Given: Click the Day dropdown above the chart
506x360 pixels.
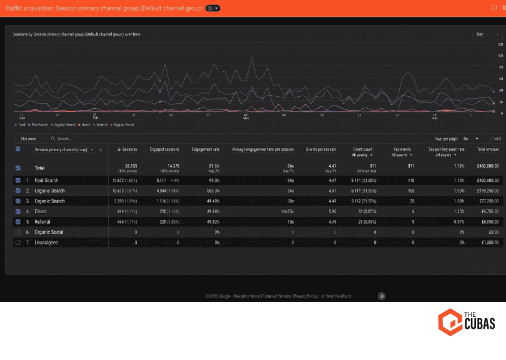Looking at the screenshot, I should click(x=484, y=34).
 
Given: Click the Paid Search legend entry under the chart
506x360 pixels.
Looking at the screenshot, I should click(x=39, y=124).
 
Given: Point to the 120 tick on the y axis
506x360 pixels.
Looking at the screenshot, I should click(x=500, y=45).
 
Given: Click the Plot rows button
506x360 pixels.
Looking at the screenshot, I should click(x=29, y=139).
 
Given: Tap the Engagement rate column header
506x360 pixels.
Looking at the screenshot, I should click(x=206, y=149).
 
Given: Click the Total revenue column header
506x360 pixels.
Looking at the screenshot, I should click(x=487, y=149).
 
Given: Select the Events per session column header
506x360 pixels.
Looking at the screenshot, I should click(x=321, y=149).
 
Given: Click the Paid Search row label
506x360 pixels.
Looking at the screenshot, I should click(x=46, y=180).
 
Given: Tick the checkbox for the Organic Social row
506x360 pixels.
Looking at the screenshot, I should click(x=17, y=232).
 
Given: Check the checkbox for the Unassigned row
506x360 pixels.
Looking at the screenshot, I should click(x=17, y=242).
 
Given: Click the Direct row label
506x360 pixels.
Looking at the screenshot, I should click(x=41, y=211).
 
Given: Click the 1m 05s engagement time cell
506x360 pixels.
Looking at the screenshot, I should click(x=285, y=211).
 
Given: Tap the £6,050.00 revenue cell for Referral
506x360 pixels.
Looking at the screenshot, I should click(x=487, y=222).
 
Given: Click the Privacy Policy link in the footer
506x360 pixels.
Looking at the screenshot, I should click(x=305, y=296).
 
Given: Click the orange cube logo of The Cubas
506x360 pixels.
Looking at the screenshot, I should click(x=449, y=320).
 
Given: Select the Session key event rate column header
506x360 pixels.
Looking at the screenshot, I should click(x=447, y=149).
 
